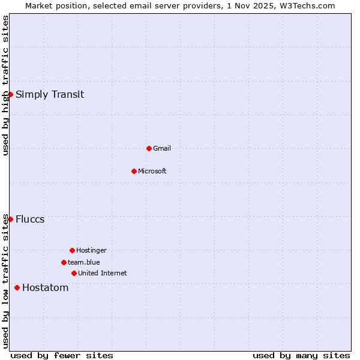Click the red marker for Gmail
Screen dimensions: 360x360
click(x=149, y=148)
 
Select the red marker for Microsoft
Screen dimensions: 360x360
click(x=134, y=171)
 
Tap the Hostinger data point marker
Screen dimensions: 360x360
click(x=72, y=250)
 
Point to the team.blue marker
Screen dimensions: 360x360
click(x=64, y=262)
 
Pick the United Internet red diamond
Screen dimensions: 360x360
click(x=74, y=273)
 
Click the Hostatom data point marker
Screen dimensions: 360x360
click(x=17, y=287)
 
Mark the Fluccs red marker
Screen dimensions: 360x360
click(x=10, y=219)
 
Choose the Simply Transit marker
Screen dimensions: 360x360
click(x=10, y=94)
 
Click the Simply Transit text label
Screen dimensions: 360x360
click(x=50, y=94)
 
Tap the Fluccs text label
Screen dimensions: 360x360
click(x=30, y=219)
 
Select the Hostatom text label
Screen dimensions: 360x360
click(x=45, y=287)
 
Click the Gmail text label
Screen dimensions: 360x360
click(x=162, y=148)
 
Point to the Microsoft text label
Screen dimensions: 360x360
click(x=152, y=171)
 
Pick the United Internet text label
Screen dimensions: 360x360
click(x=102, y=273)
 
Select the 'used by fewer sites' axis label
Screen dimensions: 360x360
click(x=62, y=355)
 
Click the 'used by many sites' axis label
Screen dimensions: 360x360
click(x=301, y=355)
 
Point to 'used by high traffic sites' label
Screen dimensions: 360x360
click(x=5, y=85)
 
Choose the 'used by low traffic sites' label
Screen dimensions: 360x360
click(x=5, y=281)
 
